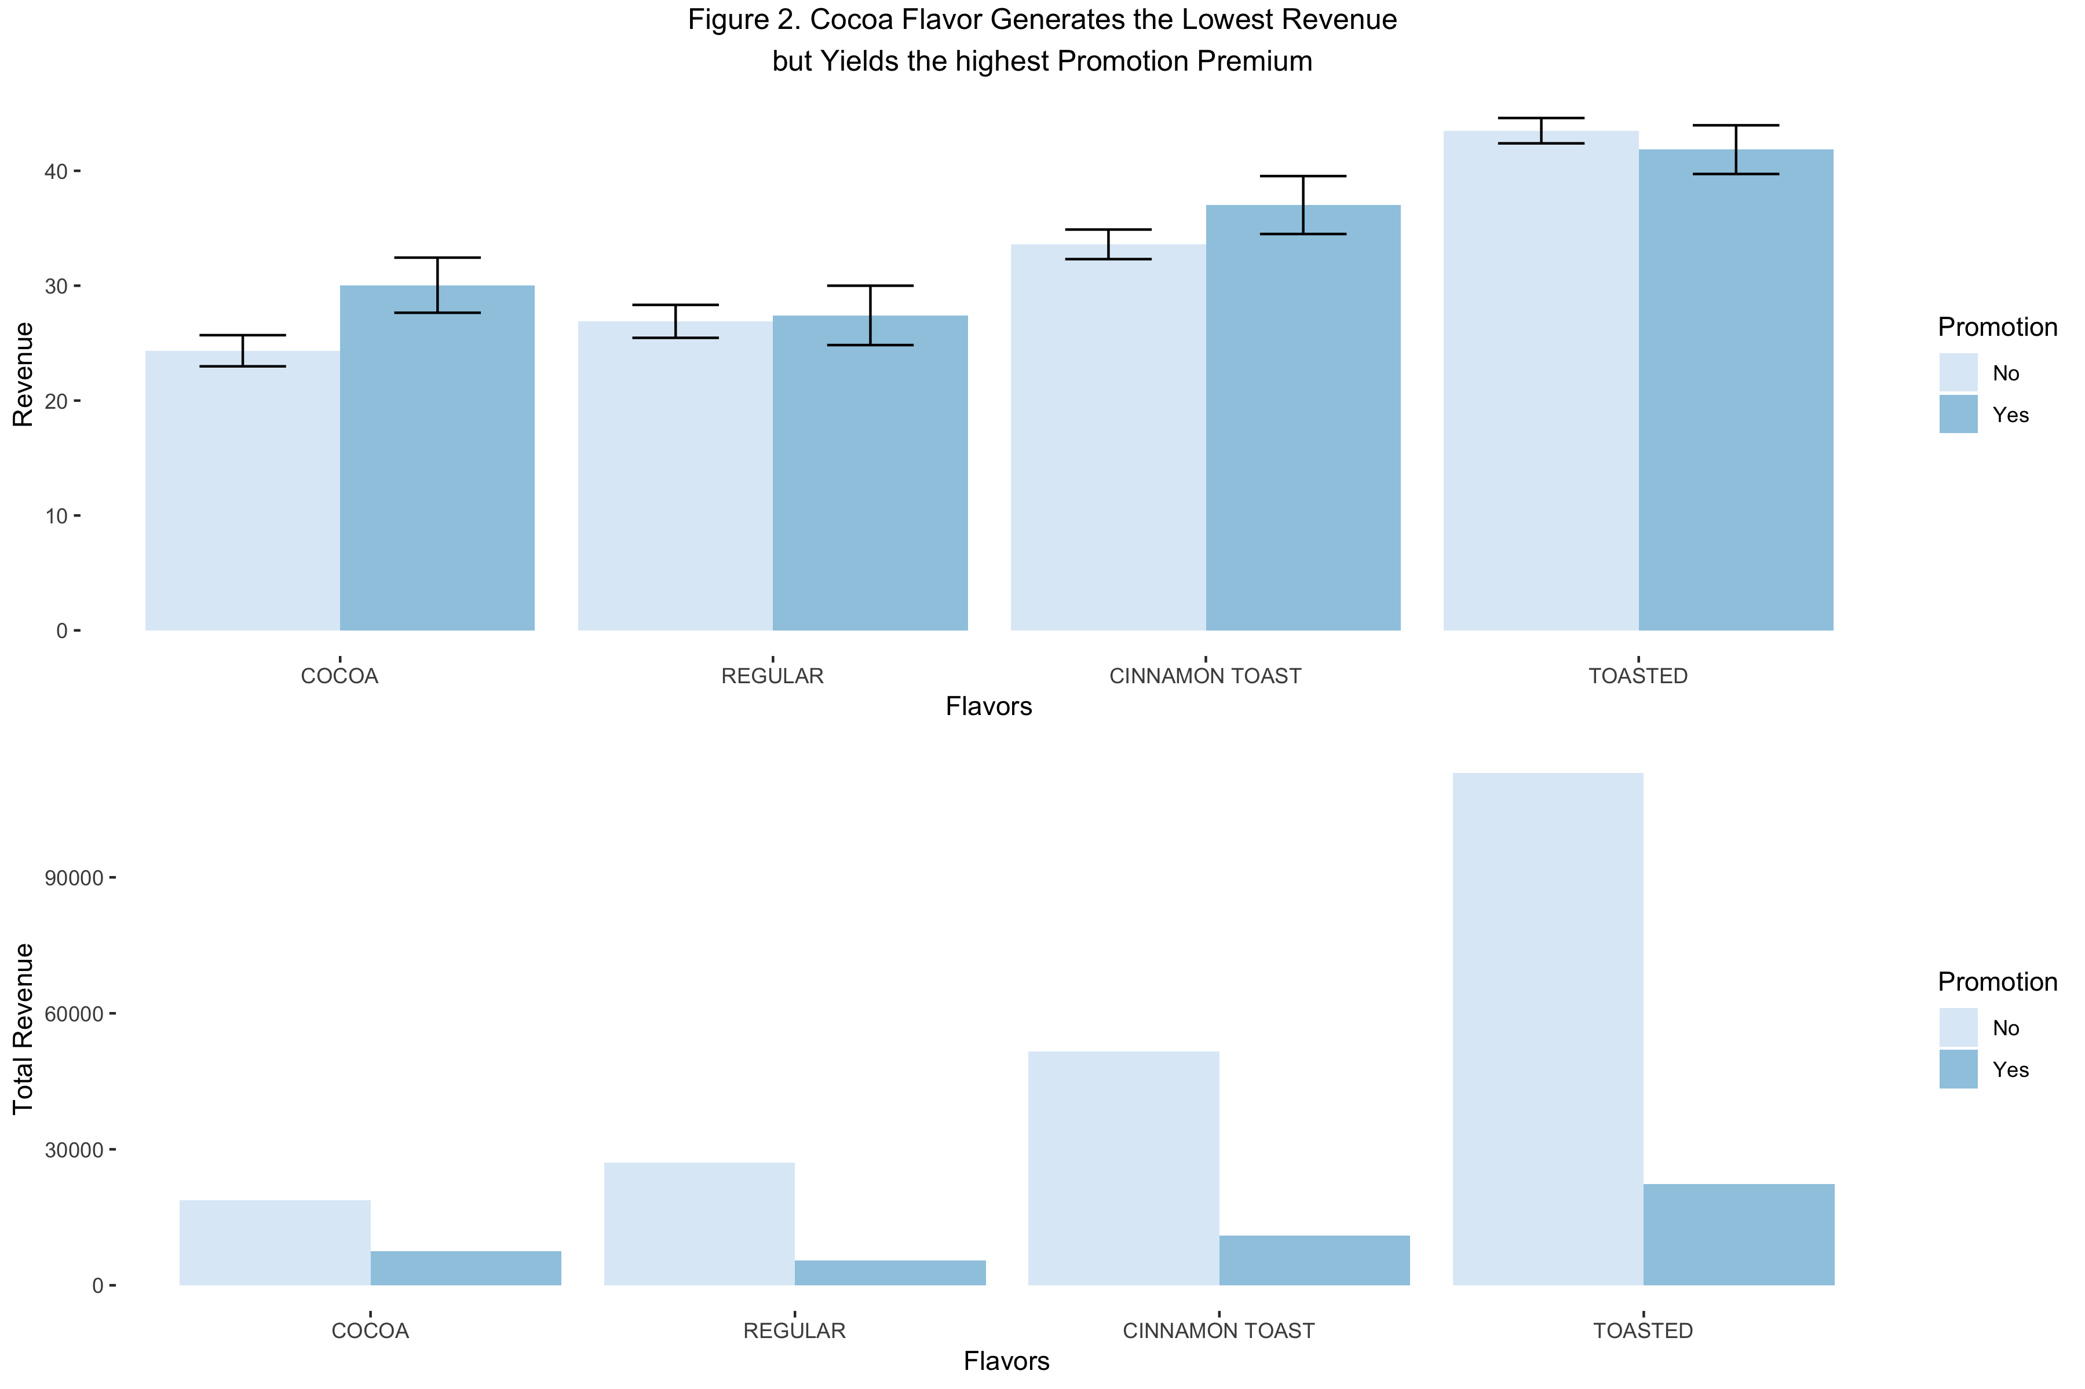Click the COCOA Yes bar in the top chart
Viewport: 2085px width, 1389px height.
tap(437, 461)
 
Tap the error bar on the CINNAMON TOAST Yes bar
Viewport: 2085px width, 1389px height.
tap(1302, 204)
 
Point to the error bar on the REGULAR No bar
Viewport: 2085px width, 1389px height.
tap(675, 321)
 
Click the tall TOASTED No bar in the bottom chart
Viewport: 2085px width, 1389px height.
tap(1547, 1028)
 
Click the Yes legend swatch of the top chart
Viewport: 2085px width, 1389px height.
tap(1958, 415)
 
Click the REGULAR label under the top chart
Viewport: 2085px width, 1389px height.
tap(772, 676)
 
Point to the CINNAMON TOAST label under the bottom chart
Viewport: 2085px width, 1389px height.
tap(1218, 1331)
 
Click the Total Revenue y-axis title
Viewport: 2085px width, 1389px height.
tap(23, 1028)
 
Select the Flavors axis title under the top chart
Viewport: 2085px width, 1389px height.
tap(988, 706)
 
